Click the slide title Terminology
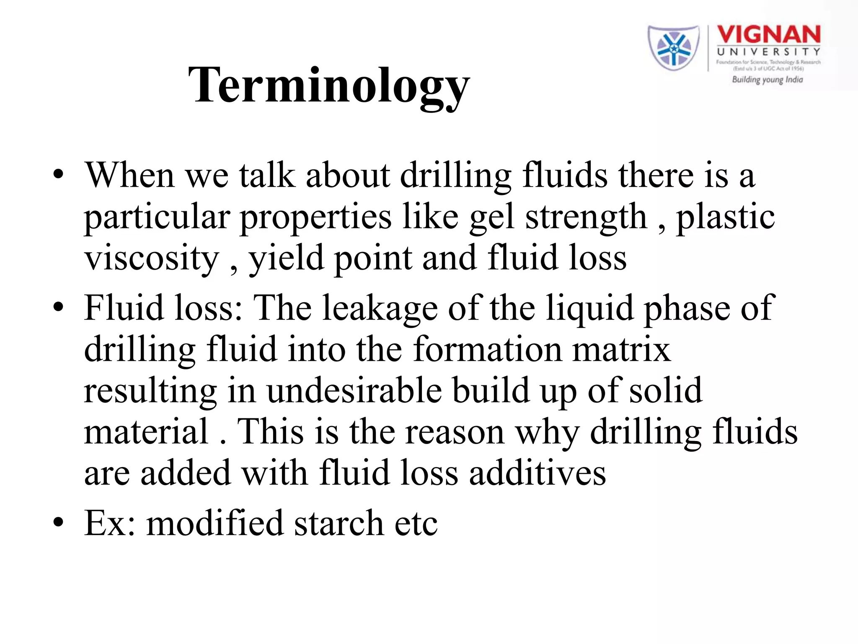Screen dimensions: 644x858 (329, 86)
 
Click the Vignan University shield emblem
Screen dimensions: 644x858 (673, 48)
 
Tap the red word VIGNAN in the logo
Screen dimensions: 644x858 (769, 34)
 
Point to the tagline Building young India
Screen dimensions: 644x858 (767, 80)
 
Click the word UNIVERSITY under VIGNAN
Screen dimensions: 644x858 (769, 52)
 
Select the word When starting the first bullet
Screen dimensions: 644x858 (130, 175)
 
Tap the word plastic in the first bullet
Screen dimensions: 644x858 (725, 217)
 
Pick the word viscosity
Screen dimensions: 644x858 (152, 258)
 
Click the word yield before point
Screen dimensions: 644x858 (287, 258)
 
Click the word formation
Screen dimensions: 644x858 (487, 349)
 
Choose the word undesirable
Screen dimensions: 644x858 (354, 391)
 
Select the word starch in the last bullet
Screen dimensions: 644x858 (339, 523)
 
